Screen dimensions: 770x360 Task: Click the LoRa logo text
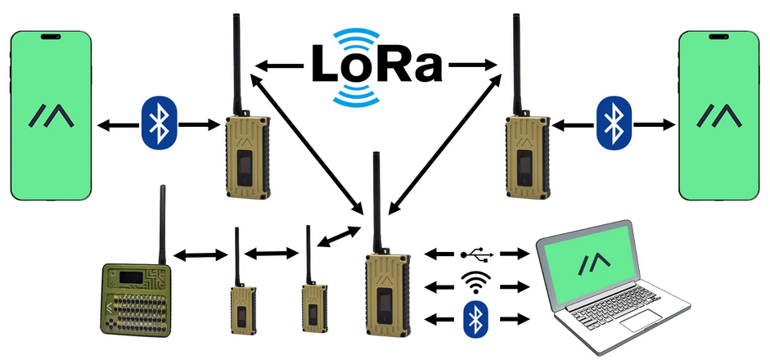click(x=376, y=65)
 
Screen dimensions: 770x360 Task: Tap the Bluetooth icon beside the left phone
click(x=159, y=122)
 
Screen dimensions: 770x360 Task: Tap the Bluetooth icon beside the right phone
click(x=614, y=123)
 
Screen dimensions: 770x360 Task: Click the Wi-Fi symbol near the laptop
click(x=475, y=283)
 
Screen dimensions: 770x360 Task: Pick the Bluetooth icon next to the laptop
click(x=475, y=319)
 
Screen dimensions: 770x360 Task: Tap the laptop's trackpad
click(x=641, y=320)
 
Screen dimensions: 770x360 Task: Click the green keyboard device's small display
click(x=131, y=277)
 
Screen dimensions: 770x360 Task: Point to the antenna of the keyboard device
click(x=161, y=225)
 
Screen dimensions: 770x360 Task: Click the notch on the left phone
click(x=51, y=36)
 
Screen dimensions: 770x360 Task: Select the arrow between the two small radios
click(x=272, y=254)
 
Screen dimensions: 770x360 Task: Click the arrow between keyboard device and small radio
click(x=201, y=255)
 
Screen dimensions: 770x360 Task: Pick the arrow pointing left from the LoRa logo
click(x=279, y=65)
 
